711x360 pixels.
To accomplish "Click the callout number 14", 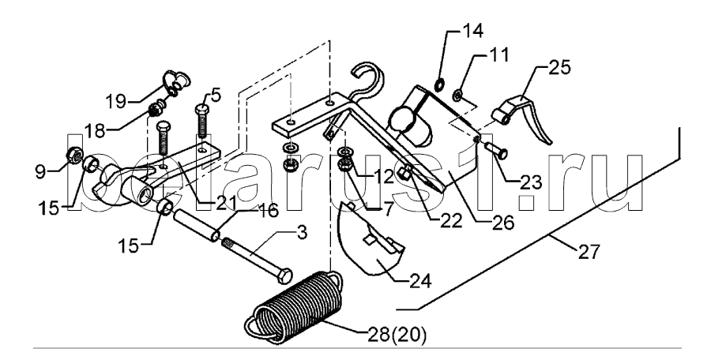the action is click(x=472, y=32).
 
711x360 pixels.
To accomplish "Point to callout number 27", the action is click(x=589, y=252).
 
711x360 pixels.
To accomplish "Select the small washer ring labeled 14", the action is click(x=440, y=84).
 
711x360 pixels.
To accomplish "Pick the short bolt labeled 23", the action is click(x=497, y=151).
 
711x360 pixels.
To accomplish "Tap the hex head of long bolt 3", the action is click(x=284, y=276).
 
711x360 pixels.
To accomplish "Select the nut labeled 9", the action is click(x=74, y=155).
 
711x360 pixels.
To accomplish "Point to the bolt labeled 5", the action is click(x=203, y=120).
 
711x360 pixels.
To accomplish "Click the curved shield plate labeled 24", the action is click(x=370, y=238).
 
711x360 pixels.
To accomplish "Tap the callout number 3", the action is click(x=301, y=234).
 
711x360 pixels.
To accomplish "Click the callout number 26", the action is click(x=503, y=222).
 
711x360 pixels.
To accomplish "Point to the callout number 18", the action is click(x=94, y=131).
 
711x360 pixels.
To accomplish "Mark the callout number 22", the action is click(x=450, y=221).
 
